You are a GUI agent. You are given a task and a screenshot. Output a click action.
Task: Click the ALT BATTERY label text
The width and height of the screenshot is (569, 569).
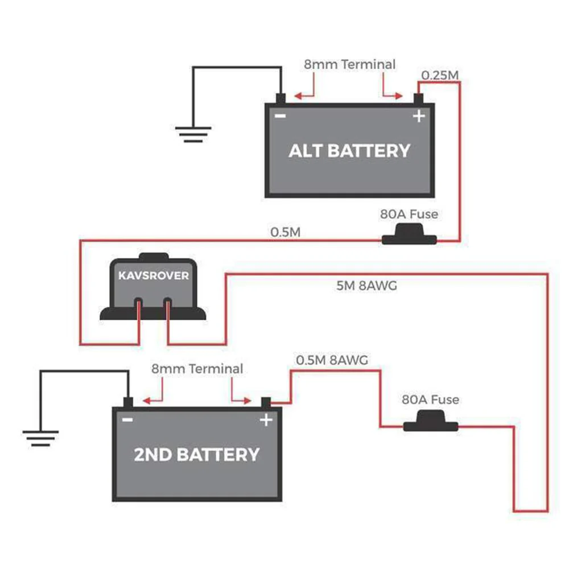349,151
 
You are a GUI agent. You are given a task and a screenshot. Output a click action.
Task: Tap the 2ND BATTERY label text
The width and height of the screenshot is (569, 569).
197,455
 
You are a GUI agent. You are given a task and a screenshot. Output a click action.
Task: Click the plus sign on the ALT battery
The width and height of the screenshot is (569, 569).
419,117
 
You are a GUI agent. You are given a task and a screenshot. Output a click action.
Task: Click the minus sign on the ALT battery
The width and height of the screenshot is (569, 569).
281,116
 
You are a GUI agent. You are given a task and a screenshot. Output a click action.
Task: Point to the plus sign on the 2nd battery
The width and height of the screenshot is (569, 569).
266,420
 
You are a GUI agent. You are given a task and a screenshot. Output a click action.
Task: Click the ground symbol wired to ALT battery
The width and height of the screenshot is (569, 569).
193,134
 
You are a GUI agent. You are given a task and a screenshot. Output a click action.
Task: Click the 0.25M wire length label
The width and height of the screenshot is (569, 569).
439,75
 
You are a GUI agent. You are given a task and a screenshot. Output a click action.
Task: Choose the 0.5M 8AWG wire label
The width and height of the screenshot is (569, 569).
332,360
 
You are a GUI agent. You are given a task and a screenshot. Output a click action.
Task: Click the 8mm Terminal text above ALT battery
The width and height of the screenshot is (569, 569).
349,64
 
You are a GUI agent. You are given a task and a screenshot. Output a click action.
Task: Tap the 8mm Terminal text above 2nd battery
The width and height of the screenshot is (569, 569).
197,369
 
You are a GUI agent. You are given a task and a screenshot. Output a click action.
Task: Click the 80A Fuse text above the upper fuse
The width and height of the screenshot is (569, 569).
409,215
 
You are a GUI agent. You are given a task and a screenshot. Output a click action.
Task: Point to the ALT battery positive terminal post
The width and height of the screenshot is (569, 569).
420,98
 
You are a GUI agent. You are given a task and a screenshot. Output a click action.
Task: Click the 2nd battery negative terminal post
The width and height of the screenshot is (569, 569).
128,403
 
